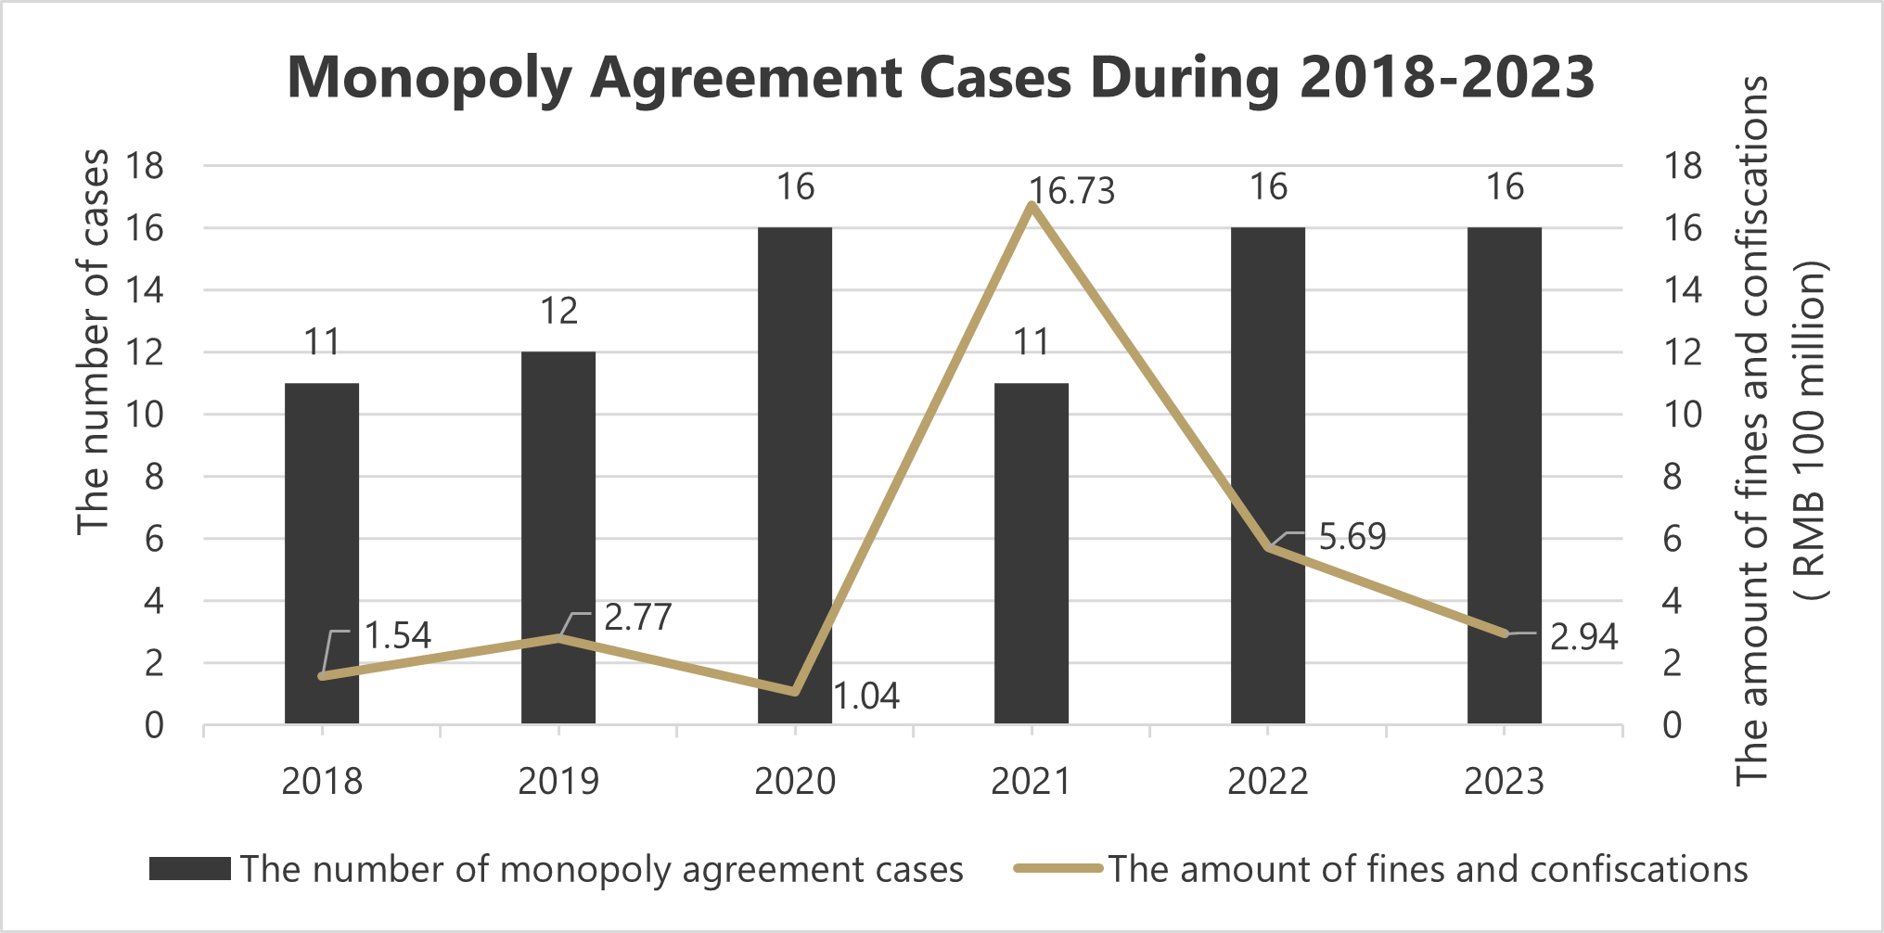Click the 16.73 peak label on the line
click(1072, 192)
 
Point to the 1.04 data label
click(866, 696)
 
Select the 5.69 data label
click(1352, 537)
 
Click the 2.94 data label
click(1583, 637)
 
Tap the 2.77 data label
click(637, 618)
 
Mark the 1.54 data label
click(397, 635)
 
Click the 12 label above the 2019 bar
click(558, 312)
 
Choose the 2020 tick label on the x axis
click(794, 782)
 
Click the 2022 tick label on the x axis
click(1267, 782)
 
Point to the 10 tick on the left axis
click(145, 415)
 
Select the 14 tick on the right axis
click(1683, 290)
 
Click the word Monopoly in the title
click(430, 78)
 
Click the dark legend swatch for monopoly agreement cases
click(190, 869)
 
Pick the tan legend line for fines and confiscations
click(1057, 869)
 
